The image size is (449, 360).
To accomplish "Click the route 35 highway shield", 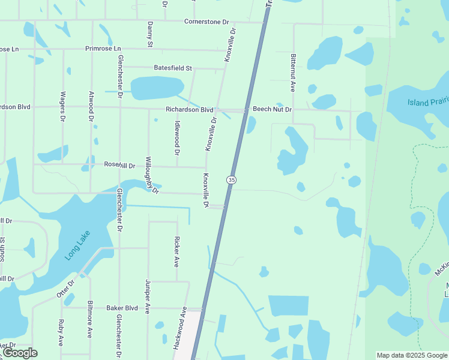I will tap(231, 180).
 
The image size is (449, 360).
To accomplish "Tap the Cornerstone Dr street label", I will tap(207, 22).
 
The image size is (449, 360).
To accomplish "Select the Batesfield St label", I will tap(172, 68).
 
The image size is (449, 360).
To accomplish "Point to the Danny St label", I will tap(150, 34).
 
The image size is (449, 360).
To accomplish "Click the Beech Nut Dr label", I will tap(272, 110).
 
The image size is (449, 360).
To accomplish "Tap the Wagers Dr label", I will tap(62, 106).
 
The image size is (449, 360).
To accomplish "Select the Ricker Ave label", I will tap(176, 253).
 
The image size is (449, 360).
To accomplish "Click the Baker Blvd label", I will tap(122, 308).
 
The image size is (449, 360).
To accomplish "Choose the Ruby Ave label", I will tap(61, 332).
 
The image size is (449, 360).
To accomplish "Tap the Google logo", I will tap(20, 353).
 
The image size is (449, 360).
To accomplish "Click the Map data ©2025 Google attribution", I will tap(412, 355).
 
